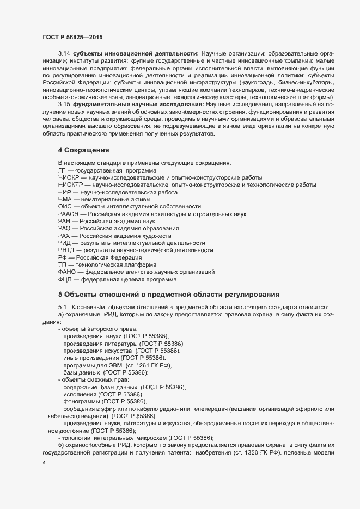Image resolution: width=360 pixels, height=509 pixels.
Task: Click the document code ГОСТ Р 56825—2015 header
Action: (70, 36)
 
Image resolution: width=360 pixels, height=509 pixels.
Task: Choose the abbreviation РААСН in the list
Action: (68, 214)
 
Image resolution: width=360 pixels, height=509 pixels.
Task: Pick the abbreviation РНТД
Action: (67, 250)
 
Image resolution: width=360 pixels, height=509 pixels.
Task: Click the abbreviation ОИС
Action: (65, 207)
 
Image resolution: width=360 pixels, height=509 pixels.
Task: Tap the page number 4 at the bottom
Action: (44, 463)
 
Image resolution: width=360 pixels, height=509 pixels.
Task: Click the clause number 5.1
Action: (62, 307)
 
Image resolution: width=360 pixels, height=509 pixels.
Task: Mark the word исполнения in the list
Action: (80, 394)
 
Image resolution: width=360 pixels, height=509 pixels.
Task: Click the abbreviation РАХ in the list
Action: (65, 236)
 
